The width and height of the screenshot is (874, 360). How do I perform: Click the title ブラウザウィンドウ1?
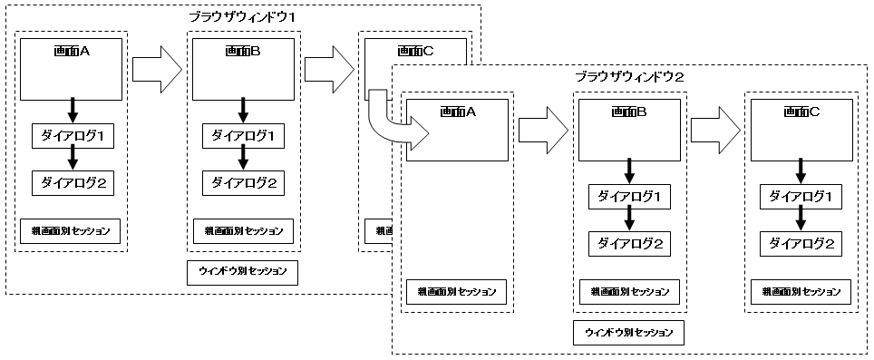(242, 16)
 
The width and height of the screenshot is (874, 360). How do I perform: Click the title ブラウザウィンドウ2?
(629, 76)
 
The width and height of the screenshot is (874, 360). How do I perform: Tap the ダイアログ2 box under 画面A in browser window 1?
(73, 183)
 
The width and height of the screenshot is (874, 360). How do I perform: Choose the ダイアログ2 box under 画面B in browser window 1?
(242, 183)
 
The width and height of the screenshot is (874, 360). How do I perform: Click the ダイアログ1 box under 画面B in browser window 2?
(629, 196)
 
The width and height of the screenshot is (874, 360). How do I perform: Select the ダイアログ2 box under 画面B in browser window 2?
(629, 243)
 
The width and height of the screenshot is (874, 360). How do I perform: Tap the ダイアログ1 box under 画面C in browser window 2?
(801, 196)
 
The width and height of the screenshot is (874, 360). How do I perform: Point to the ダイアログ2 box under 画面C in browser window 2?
(801, 243)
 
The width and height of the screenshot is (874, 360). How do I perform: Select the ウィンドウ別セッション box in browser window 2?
(629, 332)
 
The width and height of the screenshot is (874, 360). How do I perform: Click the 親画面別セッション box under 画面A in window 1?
(71, 230)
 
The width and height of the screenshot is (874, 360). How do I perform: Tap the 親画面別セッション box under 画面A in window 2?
(457, 292)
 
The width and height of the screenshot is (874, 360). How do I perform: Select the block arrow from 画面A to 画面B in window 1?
(157, 70)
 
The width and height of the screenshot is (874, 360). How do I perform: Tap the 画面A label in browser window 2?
(457, 112)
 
